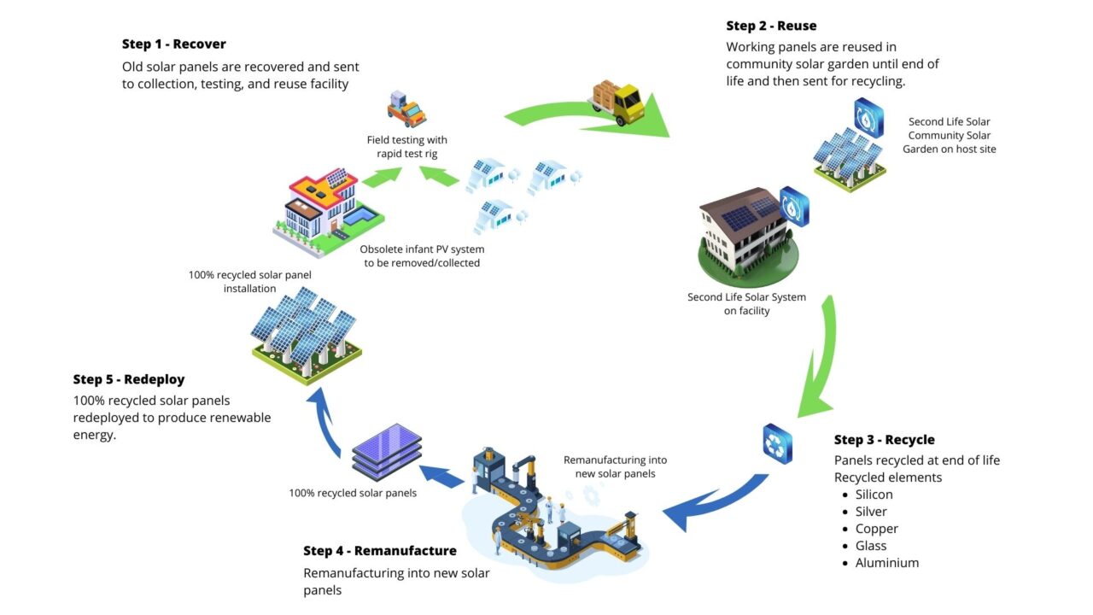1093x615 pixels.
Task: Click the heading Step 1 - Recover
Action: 173,44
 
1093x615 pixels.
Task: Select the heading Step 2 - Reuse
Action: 771,26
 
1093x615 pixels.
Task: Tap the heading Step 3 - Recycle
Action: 884,440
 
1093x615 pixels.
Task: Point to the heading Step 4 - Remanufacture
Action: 380,551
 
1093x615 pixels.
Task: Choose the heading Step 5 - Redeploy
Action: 129,379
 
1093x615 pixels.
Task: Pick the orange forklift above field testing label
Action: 406,109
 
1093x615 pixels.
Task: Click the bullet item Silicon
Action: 874,495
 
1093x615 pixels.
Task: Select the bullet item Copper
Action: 876,529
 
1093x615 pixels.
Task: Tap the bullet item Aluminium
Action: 886,563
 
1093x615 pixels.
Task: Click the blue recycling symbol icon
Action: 777,444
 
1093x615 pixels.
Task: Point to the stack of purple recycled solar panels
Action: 387,452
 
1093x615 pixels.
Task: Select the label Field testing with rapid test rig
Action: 407,146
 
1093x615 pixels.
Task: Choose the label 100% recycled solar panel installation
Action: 232,282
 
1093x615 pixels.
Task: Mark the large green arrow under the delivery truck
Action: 589,120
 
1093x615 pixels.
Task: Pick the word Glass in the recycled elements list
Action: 871,546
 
